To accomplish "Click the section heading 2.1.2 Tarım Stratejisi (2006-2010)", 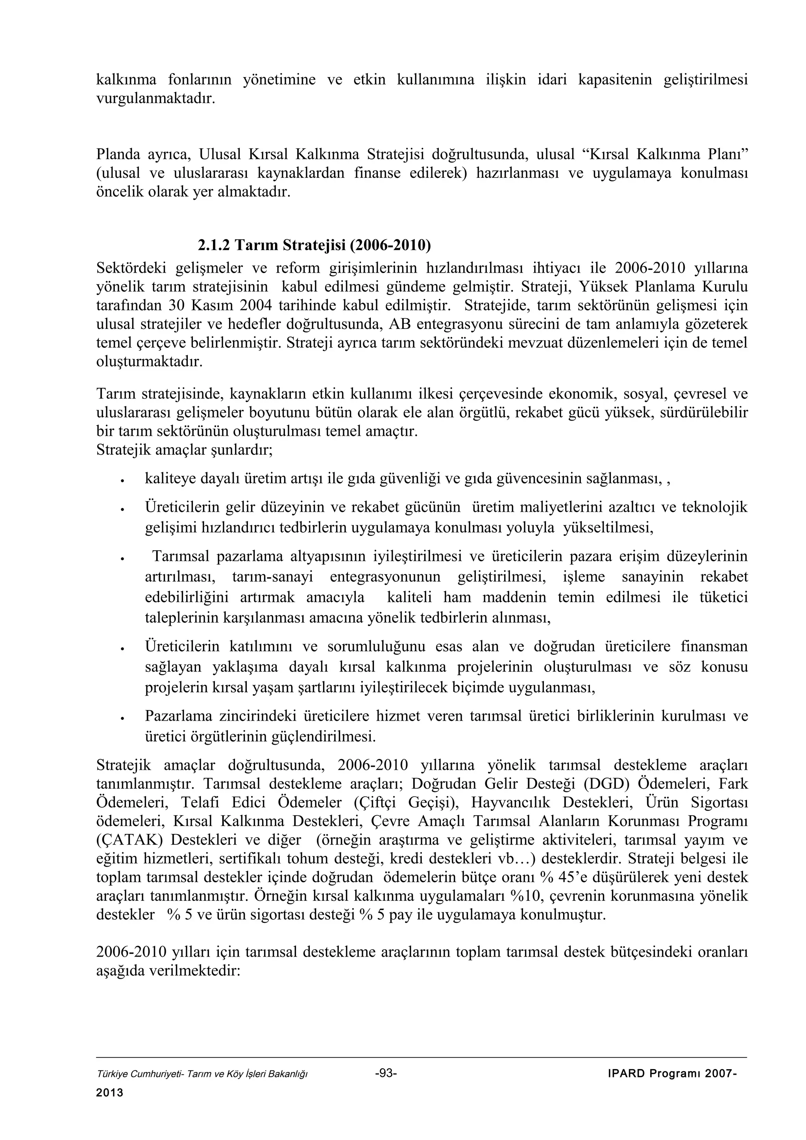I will [x=314, y=245].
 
